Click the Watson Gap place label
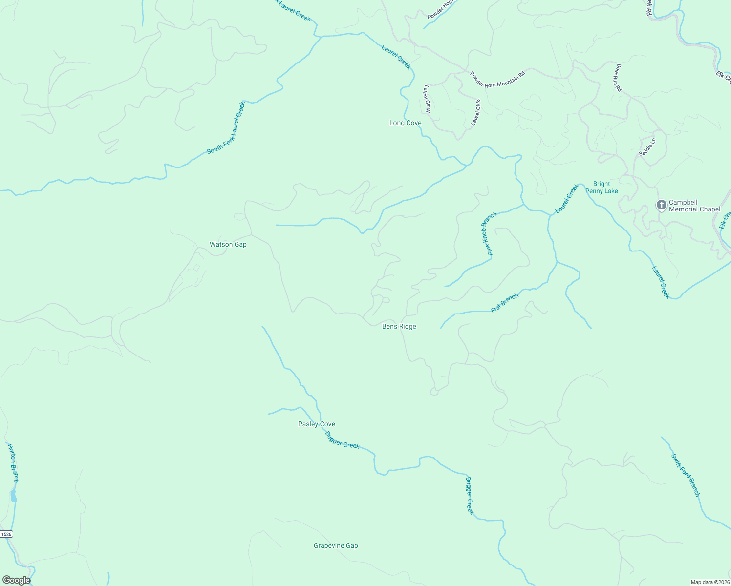(228, 244)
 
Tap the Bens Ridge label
(399, 326)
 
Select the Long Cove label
(405, 123)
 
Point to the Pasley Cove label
(316, 424)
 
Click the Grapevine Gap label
(336, 545)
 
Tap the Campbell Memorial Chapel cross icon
(661, 205)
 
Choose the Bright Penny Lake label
(602, 188)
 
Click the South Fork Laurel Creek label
(226, 128)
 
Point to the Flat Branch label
(504, 303)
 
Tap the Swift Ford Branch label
(685, 475)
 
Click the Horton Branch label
(13, 463)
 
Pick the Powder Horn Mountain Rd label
(497, 80)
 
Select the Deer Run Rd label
(618, 78)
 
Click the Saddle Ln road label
(647, 147)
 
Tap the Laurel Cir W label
(427, 99)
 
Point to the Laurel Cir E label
(475, 112)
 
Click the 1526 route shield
(6, 534)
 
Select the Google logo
(16, 580)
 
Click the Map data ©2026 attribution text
(709, 582)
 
